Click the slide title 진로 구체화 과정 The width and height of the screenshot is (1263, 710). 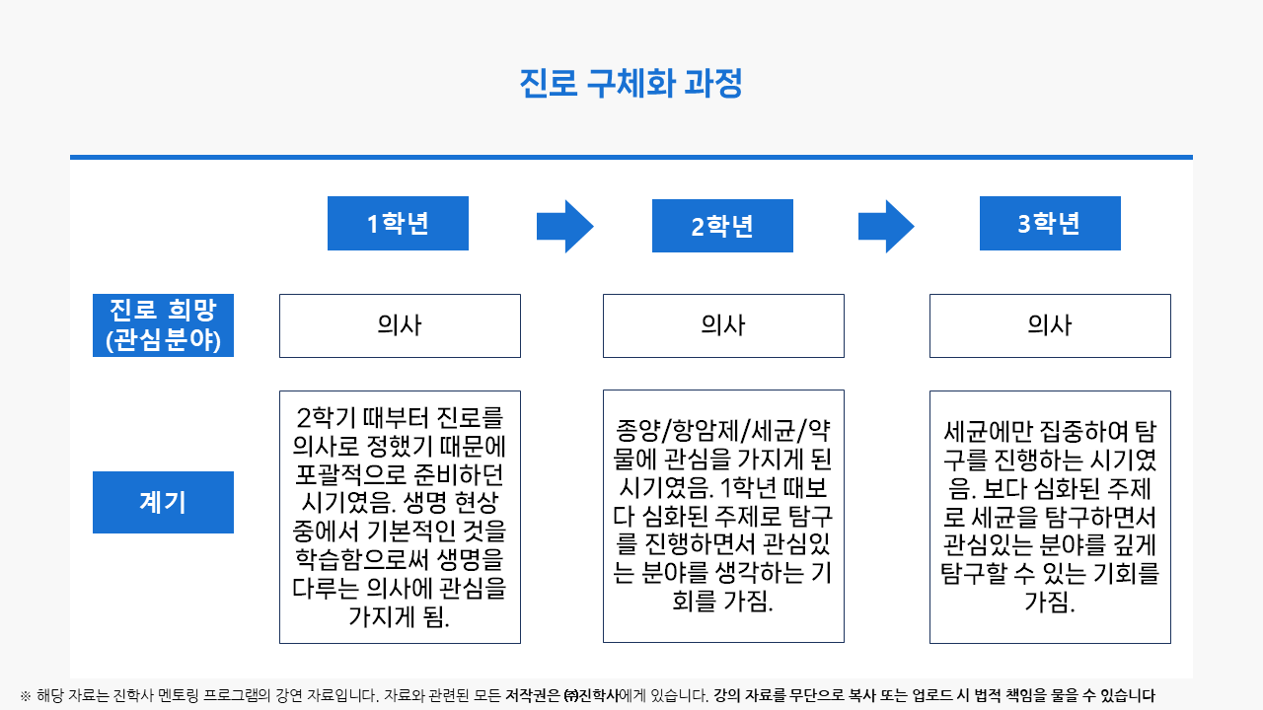[x=631, y=84]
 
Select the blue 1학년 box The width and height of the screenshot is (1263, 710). [x=398, y=223]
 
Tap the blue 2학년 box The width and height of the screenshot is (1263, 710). [x=722, y=226]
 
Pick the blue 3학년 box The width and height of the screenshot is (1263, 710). [x=1050, y=223]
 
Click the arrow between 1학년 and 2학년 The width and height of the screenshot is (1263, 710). [x=565, y=227]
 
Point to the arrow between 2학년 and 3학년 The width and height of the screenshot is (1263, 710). [x=886, y=227]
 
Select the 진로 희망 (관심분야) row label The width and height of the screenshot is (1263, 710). [x=163, y=325]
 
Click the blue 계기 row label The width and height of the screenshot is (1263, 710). [x=163, y=502]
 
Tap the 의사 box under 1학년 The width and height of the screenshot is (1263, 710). [x=400, y=325]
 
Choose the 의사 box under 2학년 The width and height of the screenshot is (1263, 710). [x=723, y=325]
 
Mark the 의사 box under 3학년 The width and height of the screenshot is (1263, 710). [x=1050, y=325]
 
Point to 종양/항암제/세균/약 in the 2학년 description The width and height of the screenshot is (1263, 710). [x=723, y=431]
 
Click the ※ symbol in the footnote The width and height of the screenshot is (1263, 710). [x=26, y=696]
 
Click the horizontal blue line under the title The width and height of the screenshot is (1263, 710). [x=631, y=157]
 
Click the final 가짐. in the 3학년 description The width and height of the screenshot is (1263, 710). [x=1050, y=602]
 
